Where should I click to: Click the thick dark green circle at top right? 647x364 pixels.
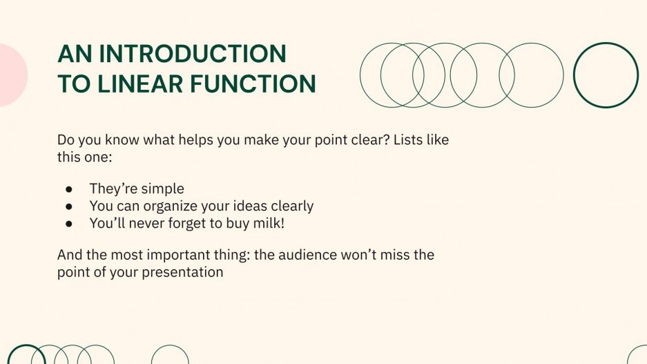click(606, 75)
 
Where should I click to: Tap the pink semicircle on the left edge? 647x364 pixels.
click(12, 75)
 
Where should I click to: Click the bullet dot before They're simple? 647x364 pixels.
click(68, 189)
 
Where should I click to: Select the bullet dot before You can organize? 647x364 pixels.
click(68, 206)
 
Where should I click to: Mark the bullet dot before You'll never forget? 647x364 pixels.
click(68, 223)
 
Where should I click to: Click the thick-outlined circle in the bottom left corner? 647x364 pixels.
click(26, 355)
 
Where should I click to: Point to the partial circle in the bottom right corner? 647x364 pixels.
click(638, 356)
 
